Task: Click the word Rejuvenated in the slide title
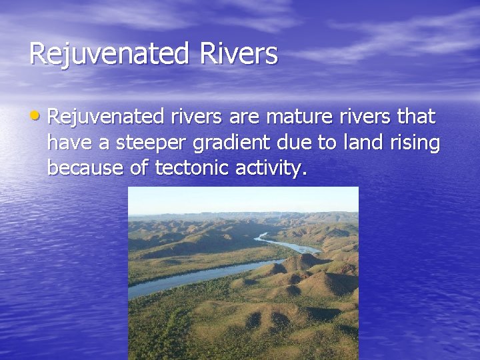107,54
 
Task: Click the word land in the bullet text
359,143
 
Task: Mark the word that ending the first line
415,117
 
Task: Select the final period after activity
305,174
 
